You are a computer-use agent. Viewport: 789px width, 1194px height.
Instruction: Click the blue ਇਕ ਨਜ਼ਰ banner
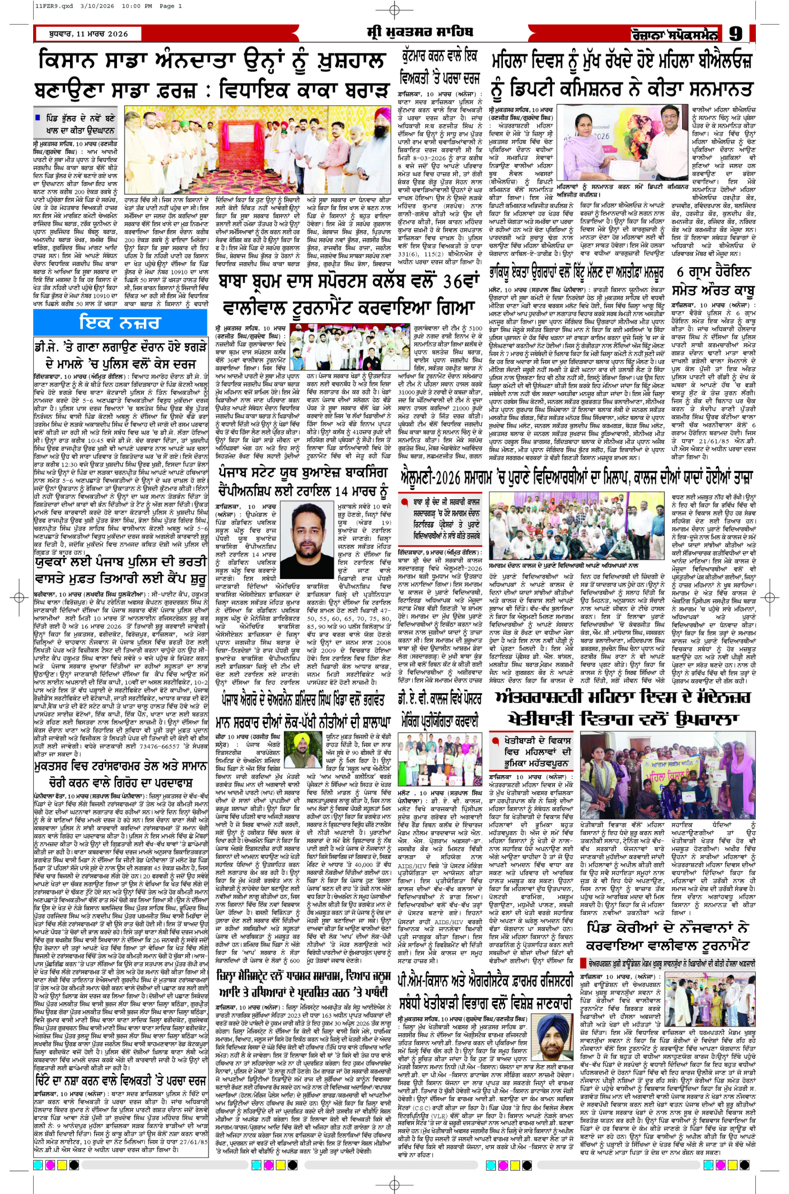120,322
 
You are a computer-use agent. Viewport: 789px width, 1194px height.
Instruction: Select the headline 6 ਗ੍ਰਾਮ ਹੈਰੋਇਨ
714,271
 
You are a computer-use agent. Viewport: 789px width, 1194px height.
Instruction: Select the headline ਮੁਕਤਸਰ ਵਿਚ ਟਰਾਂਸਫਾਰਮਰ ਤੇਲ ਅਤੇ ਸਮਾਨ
121,766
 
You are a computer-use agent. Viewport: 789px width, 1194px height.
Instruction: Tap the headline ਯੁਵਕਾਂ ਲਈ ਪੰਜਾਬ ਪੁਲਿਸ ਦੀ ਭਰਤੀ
121,562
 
